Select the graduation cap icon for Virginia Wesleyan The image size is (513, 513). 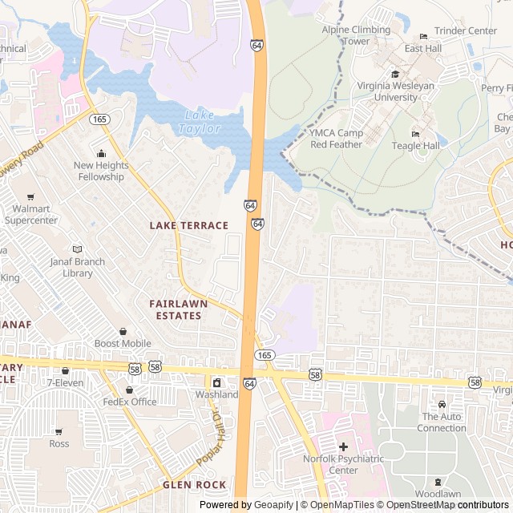[395, 75]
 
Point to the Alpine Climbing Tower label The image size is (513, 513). [356, 35]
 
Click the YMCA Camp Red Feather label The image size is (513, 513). [337, 139]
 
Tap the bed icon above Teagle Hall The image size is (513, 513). [414, 134]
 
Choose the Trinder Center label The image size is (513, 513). [465, 30]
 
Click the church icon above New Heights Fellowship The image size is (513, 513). [101, 154]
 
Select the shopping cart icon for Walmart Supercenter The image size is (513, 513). [30, 197]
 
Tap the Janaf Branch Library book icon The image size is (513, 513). [77, 249]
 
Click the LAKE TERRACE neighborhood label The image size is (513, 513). [188, 226]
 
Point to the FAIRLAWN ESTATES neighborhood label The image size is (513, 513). [178, 309]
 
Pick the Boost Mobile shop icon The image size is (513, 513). [123, 332]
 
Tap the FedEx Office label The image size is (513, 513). [130, 402]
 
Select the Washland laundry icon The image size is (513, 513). [216, 382]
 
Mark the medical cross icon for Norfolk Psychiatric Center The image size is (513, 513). [343, 446]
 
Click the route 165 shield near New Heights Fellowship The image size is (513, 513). [100, 119]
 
